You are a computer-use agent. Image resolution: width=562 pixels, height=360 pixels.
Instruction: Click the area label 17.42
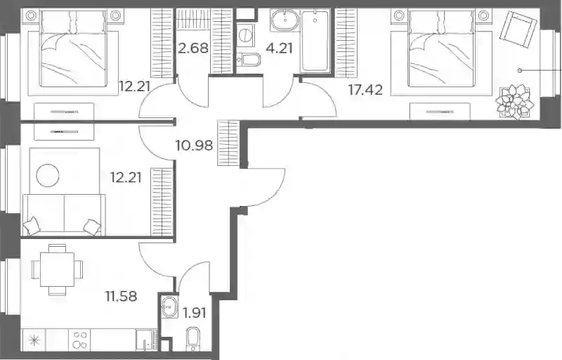pos(365,89)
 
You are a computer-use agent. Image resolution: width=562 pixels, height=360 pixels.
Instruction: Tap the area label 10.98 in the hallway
pos(194,146)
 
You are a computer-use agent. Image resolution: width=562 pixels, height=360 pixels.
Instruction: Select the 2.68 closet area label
pos(193,48)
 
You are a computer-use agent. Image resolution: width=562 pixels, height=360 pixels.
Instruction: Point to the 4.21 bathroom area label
pos(279,48)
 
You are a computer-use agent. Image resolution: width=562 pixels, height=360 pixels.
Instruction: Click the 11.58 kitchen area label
pos(121,296)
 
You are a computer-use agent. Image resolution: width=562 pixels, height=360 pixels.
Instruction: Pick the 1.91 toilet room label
pos(195,313)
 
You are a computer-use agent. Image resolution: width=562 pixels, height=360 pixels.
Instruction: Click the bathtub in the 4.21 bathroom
pos(315,41)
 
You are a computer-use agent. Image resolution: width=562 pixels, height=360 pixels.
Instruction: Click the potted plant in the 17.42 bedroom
pos(512,102)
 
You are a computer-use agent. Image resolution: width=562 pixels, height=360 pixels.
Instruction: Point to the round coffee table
pos(48,175)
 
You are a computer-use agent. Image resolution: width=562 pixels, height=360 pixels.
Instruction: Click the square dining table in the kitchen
pos(58,269)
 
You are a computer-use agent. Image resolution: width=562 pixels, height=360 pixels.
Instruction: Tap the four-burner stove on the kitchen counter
pos(79,340)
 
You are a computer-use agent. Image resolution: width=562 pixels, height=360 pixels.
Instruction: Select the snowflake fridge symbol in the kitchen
pos(34,340)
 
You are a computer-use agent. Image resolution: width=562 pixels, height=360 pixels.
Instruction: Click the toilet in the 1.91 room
pos(194,339)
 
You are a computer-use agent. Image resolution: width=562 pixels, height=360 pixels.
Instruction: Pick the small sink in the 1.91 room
pos(169,307)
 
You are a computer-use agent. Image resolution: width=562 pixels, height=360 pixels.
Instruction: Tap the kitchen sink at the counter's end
pos(145,340)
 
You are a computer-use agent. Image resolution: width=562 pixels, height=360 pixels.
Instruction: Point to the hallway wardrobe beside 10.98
pos(228,143)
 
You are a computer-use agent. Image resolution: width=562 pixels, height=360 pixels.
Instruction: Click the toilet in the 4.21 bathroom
pos(249,60)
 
